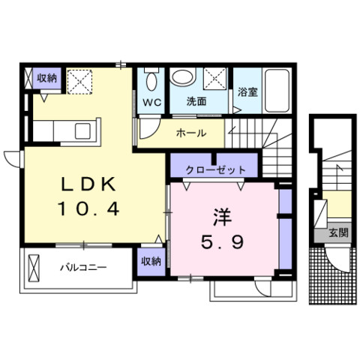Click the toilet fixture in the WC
151,78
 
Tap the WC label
151,103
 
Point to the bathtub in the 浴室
277,91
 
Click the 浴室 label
247,92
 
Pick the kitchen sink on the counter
82,131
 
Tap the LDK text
89,184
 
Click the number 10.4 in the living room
88,209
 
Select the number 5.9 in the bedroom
222,242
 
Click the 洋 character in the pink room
222,217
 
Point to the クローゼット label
216,170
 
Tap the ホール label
191,133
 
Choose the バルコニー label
83,268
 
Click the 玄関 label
338,233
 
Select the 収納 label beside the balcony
151,262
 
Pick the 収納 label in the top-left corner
47,79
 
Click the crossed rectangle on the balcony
34,268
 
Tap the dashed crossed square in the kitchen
80,82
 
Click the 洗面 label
196,101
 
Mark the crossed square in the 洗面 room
215,78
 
